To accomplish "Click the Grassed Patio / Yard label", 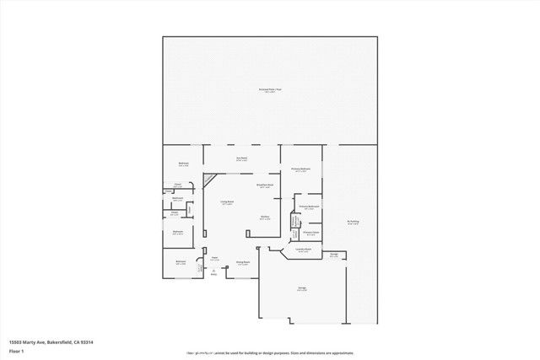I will coord(269,89).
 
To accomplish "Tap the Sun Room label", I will coord(241,158).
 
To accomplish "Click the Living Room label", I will coord(227,202).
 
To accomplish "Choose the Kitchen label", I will coord(265,218).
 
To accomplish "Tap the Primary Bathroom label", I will coord(308,207).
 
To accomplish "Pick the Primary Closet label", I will coord(310,232).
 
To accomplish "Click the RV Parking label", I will coord(353,222).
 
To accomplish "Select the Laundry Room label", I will coord(304,250).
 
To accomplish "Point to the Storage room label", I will coord(334,254).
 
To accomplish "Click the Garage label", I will coord(301,288).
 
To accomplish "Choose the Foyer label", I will coord(215,258).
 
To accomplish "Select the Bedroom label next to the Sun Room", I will coord(183,164).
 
